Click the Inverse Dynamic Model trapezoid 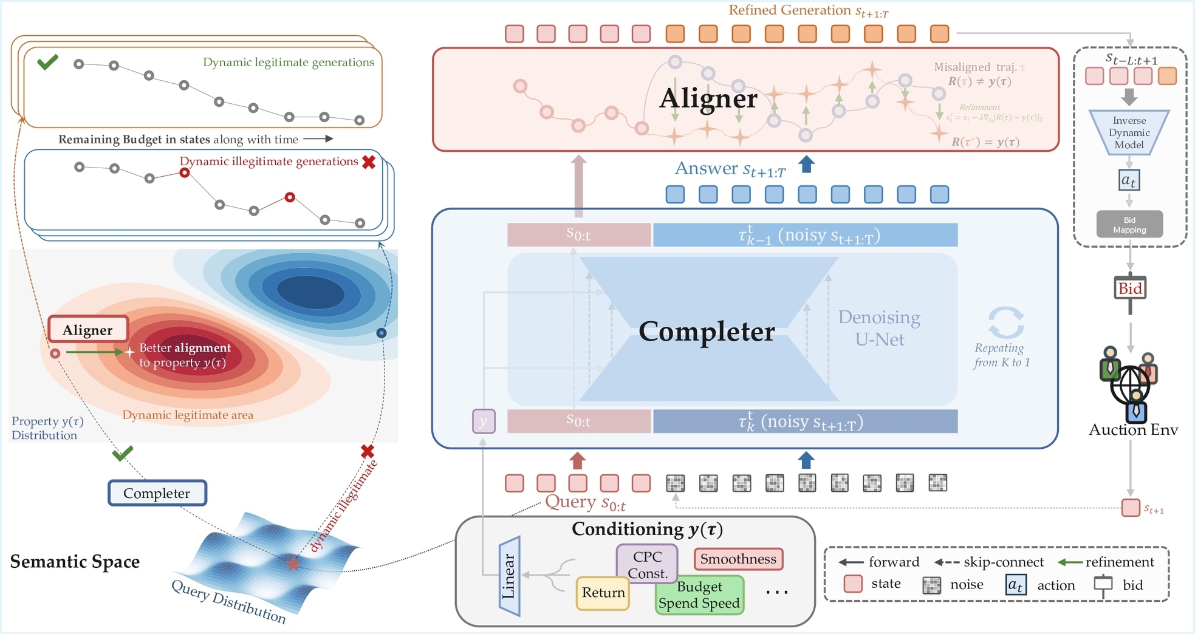click(x=1129, y=132)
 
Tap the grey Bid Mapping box click(x=1129, y=225)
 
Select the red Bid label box click(x=1130, y=288)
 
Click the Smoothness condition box click(x=738, y=559)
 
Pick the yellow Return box click(x=603, y=593)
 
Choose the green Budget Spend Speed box click(x=699, y=596)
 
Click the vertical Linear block click(x=509, y=576)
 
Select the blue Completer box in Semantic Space click(x=157, y=493)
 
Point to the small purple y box click(x=484, y=421)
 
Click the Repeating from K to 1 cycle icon click(x=1005, y=322)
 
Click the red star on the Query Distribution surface click(x=293, y=564)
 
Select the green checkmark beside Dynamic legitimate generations click(x=47, y=62)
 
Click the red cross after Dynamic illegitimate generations click(x=369, y=162)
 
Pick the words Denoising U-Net click(x=879, y=329)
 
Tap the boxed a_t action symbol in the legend click(x=1016, y=585)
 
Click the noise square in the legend click(x=931, y=585)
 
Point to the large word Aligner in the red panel click(x=708, y=98)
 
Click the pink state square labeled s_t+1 click(x=1130, y=508)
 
